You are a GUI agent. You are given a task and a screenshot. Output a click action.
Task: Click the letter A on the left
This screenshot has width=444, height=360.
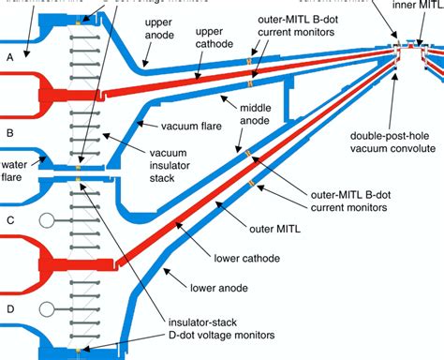(x=10, y=56)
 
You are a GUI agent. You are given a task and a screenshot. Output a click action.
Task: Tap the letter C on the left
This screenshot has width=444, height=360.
(x=10, y=221)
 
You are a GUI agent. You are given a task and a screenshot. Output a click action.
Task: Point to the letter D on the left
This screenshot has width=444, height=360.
(x=10, y=307)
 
